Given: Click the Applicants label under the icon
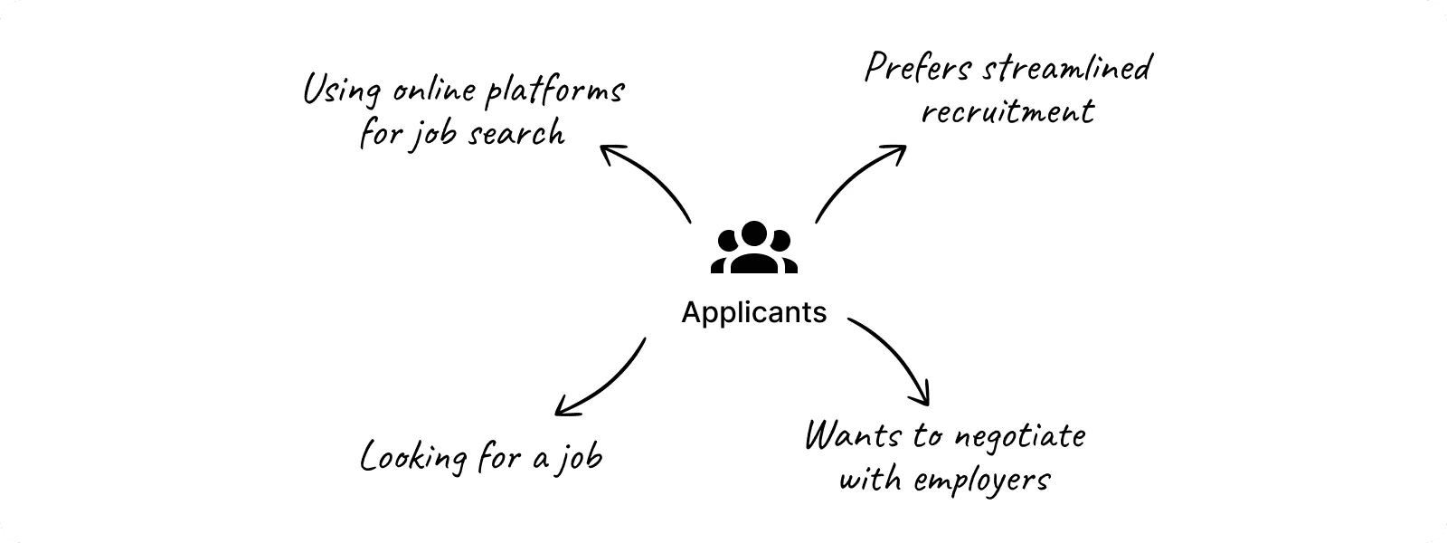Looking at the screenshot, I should coord(753,312).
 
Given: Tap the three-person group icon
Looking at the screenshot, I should coord(754,247).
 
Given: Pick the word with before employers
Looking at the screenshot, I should coord(868,479).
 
